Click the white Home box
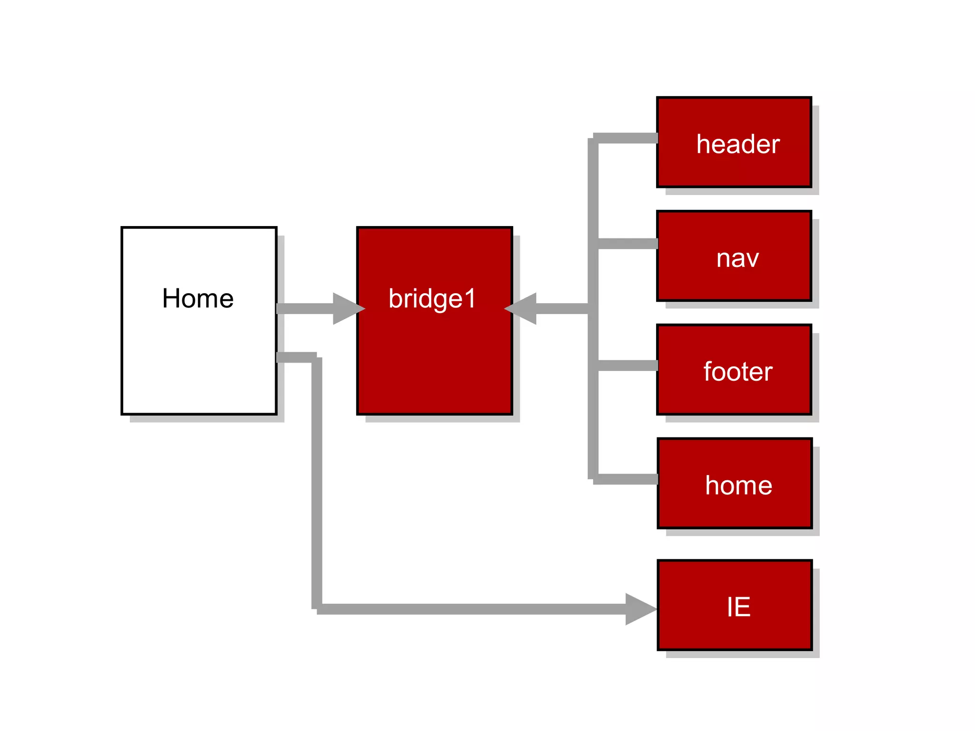[199, 362]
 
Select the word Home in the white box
[198, 298]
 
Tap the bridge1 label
[432, 298]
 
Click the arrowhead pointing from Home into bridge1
[347, 308]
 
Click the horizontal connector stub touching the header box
[626, 138]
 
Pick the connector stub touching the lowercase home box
[626, 479]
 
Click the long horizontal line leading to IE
[471, 609]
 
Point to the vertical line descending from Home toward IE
[317, 481]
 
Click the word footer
[738, 372]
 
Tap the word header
[738, 144]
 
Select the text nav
[737, 258]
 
